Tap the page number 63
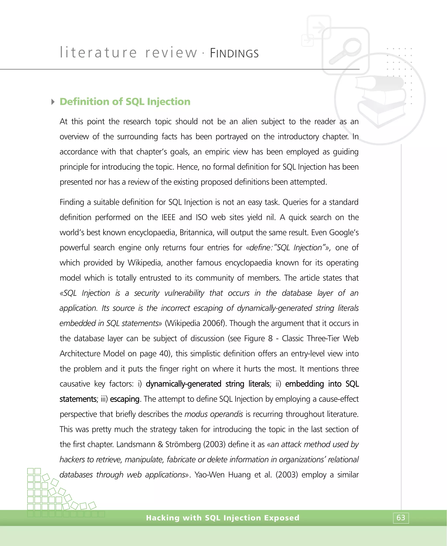coord(401,518)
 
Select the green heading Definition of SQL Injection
coord(125,102)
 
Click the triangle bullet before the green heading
coord(53,102)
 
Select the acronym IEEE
coord(168,217)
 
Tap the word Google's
coord(344,232)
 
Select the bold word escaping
coord(125,399)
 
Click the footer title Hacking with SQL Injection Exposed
coord(222,518)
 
